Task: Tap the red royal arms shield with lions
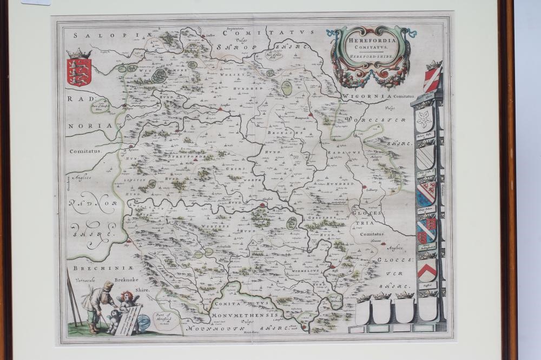(x=79, y=72)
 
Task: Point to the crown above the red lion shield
(x=79, y=54)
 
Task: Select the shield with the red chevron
(x=427, y=269)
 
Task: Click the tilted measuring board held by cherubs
(x=128, y=319)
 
